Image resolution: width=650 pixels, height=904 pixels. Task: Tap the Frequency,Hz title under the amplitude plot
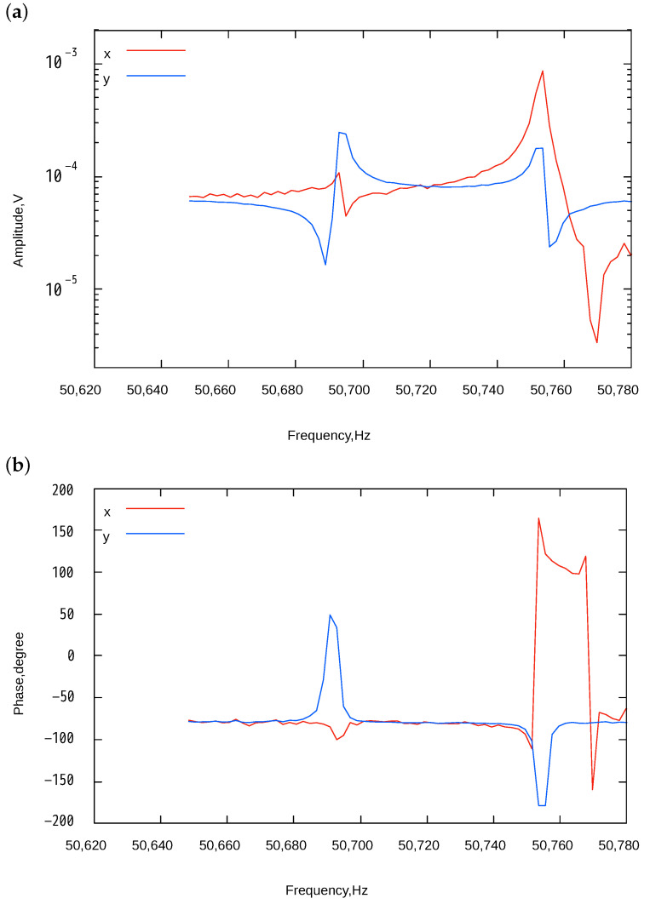[328, 435]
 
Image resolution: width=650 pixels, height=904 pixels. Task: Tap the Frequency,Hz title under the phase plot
[328, 890]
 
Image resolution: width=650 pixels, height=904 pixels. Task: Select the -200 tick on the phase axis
[60, 821]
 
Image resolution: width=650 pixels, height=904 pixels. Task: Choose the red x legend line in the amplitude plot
[156, 50]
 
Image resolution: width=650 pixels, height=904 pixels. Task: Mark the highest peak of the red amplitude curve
[542, 72]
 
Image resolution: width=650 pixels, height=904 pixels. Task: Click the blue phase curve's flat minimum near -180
[542, 805]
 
